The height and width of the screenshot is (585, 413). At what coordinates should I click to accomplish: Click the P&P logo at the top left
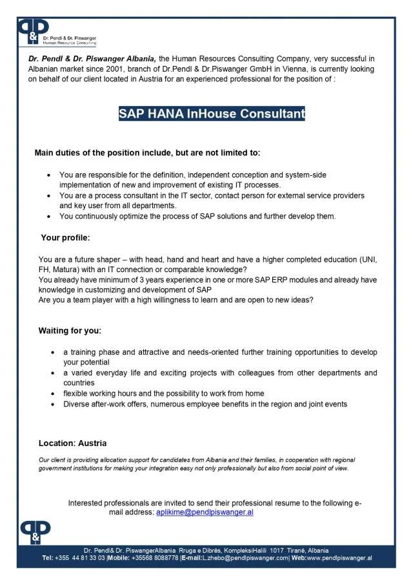click(x=34, y=30)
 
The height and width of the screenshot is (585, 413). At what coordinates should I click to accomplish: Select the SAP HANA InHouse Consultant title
click(x=212, y=114)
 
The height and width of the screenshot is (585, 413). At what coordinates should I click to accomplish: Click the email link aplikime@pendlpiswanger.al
click(x=205, y=511)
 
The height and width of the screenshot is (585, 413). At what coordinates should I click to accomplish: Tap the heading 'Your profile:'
click(x=65, y=237)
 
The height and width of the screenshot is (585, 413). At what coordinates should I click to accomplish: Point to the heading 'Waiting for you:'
click(x=70, y=331)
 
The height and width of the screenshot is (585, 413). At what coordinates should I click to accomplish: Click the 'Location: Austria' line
click(x=72, y=443)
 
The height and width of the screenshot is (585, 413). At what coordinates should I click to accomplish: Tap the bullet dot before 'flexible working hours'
click(x=53, y=394)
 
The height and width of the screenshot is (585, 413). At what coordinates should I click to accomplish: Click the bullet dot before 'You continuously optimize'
click(x=50, y=217)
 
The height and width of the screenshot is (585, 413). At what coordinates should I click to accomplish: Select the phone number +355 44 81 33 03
click(x=80, y=558)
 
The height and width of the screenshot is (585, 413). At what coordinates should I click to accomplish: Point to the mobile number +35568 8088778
click(x=154, y=558)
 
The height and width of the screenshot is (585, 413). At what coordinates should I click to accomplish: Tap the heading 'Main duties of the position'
click(x=147, y=153)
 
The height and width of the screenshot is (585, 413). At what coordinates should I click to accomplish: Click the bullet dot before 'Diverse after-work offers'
click(x=53, y=404)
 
